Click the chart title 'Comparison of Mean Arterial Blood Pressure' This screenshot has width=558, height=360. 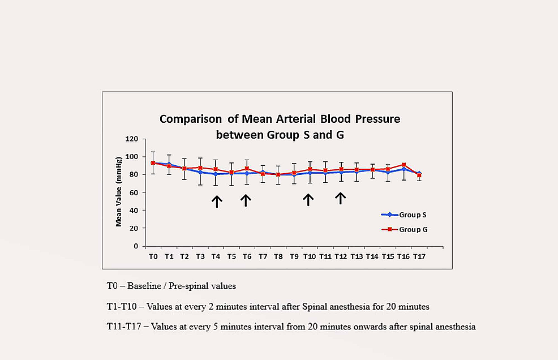[x=280, y=119]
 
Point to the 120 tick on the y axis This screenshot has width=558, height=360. [x=131, y=139]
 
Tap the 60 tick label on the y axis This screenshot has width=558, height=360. [x=133, y=192]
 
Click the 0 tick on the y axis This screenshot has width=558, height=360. [x=135, y=246]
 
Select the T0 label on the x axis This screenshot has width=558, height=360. [x=153, y=256]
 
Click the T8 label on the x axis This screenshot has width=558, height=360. [x=278, y=256]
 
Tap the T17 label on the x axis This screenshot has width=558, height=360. [x=419, y=256]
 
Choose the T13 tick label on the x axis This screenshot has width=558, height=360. [x=356, y=256]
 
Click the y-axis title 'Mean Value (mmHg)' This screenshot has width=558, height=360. [x=119, y=192]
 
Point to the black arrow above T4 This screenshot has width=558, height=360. [x=216, y=201]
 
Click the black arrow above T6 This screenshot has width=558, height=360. [x=246, y=200]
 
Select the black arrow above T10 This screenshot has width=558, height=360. [x=308, y=200]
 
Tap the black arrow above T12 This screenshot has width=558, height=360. [x=340, y=198]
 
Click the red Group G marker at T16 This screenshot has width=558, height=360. [x=404, y=165]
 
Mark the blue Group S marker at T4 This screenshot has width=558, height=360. [x=216, y=174]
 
